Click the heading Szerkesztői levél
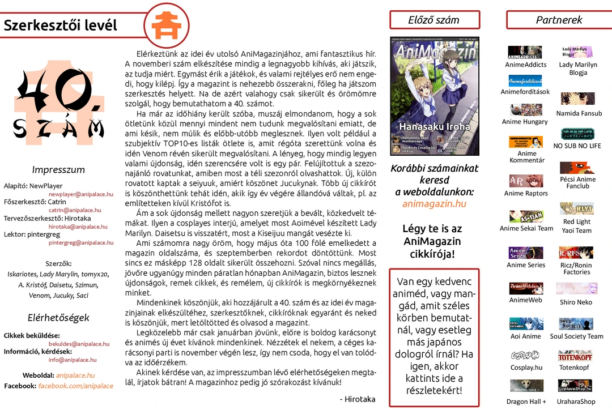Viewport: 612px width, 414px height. point(60,25)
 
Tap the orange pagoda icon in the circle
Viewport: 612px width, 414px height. point(163,24)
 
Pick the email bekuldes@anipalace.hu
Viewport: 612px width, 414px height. point(79,344)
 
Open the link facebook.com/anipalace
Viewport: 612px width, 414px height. point(76,386)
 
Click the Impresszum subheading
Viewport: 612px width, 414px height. point(58,170)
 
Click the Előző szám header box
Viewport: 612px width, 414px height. point(434,20)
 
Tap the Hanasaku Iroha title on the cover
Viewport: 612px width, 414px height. point(434,127)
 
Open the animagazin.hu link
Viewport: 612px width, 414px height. point(434,203)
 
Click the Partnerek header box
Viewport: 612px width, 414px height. point(559,20)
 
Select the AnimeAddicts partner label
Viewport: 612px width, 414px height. point(526,65)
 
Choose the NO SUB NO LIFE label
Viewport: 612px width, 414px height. point(577,146)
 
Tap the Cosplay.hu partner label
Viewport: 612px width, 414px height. point(526,368)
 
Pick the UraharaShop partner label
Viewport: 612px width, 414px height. point(576,402)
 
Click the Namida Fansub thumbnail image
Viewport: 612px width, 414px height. point(577,99)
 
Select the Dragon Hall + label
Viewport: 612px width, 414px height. point(526,402)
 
